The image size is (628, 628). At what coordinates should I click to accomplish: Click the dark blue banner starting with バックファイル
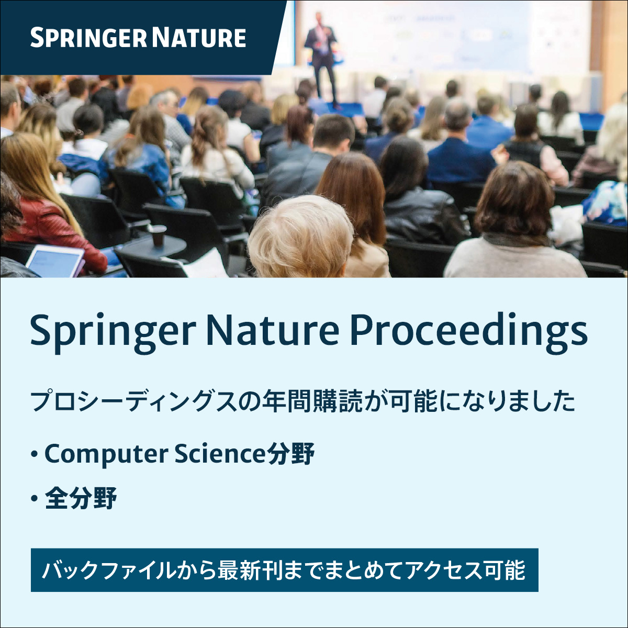point(284,570)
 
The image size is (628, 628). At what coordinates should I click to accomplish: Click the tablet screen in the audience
point(54,261)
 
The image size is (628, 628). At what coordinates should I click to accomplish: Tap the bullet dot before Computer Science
point(35,454)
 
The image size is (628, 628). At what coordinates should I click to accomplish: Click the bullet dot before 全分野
point(35,499)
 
